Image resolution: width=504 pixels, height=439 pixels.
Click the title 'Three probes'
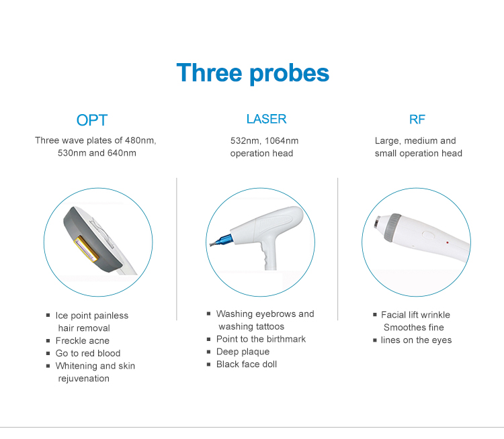coord(253,72)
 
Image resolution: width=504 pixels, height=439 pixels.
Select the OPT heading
coord(92,120)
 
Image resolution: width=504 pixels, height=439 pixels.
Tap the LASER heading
coord(266,119)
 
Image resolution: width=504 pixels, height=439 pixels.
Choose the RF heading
coord(417,119)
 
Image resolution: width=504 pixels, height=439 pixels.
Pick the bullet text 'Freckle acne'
coord(83,341)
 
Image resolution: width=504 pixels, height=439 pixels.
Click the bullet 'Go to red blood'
coord(88,353)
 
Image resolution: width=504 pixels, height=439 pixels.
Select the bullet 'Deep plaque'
coord(243,352)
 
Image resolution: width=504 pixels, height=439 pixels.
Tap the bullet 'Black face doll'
coord(247,364)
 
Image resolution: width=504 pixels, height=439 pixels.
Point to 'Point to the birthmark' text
coord(261,339)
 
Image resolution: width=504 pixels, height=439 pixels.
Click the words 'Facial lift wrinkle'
coord(415,315)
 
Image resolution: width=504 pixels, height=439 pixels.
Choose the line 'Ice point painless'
coord(92,315)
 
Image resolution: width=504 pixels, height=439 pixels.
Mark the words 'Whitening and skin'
coord(95,366)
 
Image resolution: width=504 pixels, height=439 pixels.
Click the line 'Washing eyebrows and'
coord(265,314)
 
